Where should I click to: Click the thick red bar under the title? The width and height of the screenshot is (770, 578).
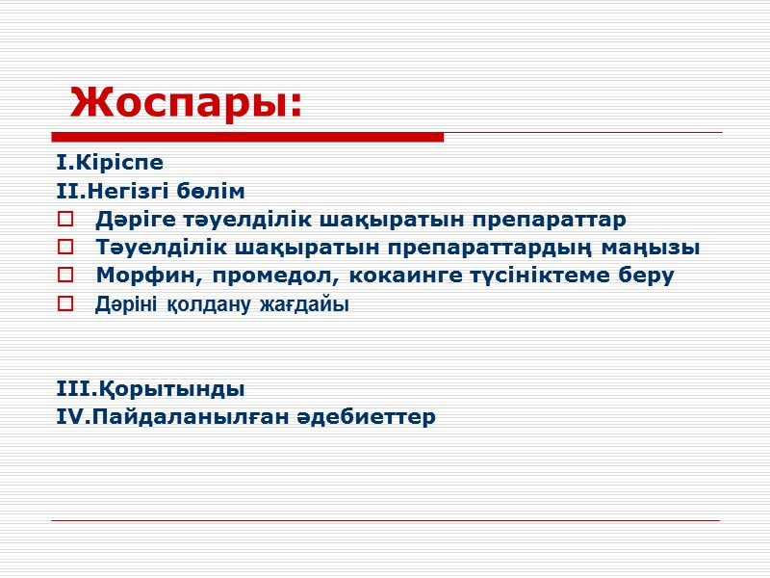click(247, 138)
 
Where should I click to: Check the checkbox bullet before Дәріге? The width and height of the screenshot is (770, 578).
click(65, 220)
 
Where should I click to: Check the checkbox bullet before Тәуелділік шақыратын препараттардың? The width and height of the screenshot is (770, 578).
click(65, 249)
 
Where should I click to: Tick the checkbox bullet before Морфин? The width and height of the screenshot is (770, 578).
click(65, 276)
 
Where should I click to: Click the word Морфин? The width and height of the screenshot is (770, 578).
click(136, 276)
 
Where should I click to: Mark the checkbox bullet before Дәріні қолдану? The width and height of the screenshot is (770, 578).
click(65, 305)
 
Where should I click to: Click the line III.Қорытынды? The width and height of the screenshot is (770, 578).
click(150, 389)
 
